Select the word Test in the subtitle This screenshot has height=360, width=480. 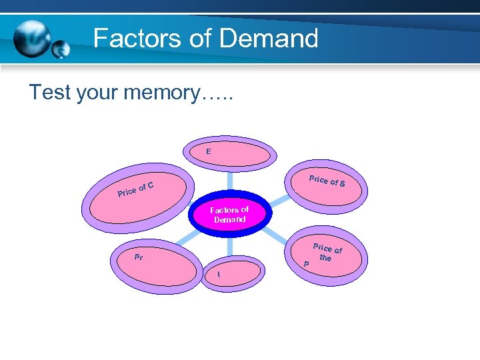49,93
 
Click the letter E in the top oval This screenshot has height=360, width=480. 209,152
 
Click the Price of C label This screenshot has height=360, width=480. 136,189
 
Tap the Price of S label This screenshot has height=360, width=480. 327,180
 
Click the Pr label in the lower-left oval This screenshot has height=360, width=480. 139,257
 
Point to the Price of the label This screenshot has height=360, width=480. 327,253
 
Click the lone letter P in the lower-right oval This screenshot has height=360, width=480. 306,264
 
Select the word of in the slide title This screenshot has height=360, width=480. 199,39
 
